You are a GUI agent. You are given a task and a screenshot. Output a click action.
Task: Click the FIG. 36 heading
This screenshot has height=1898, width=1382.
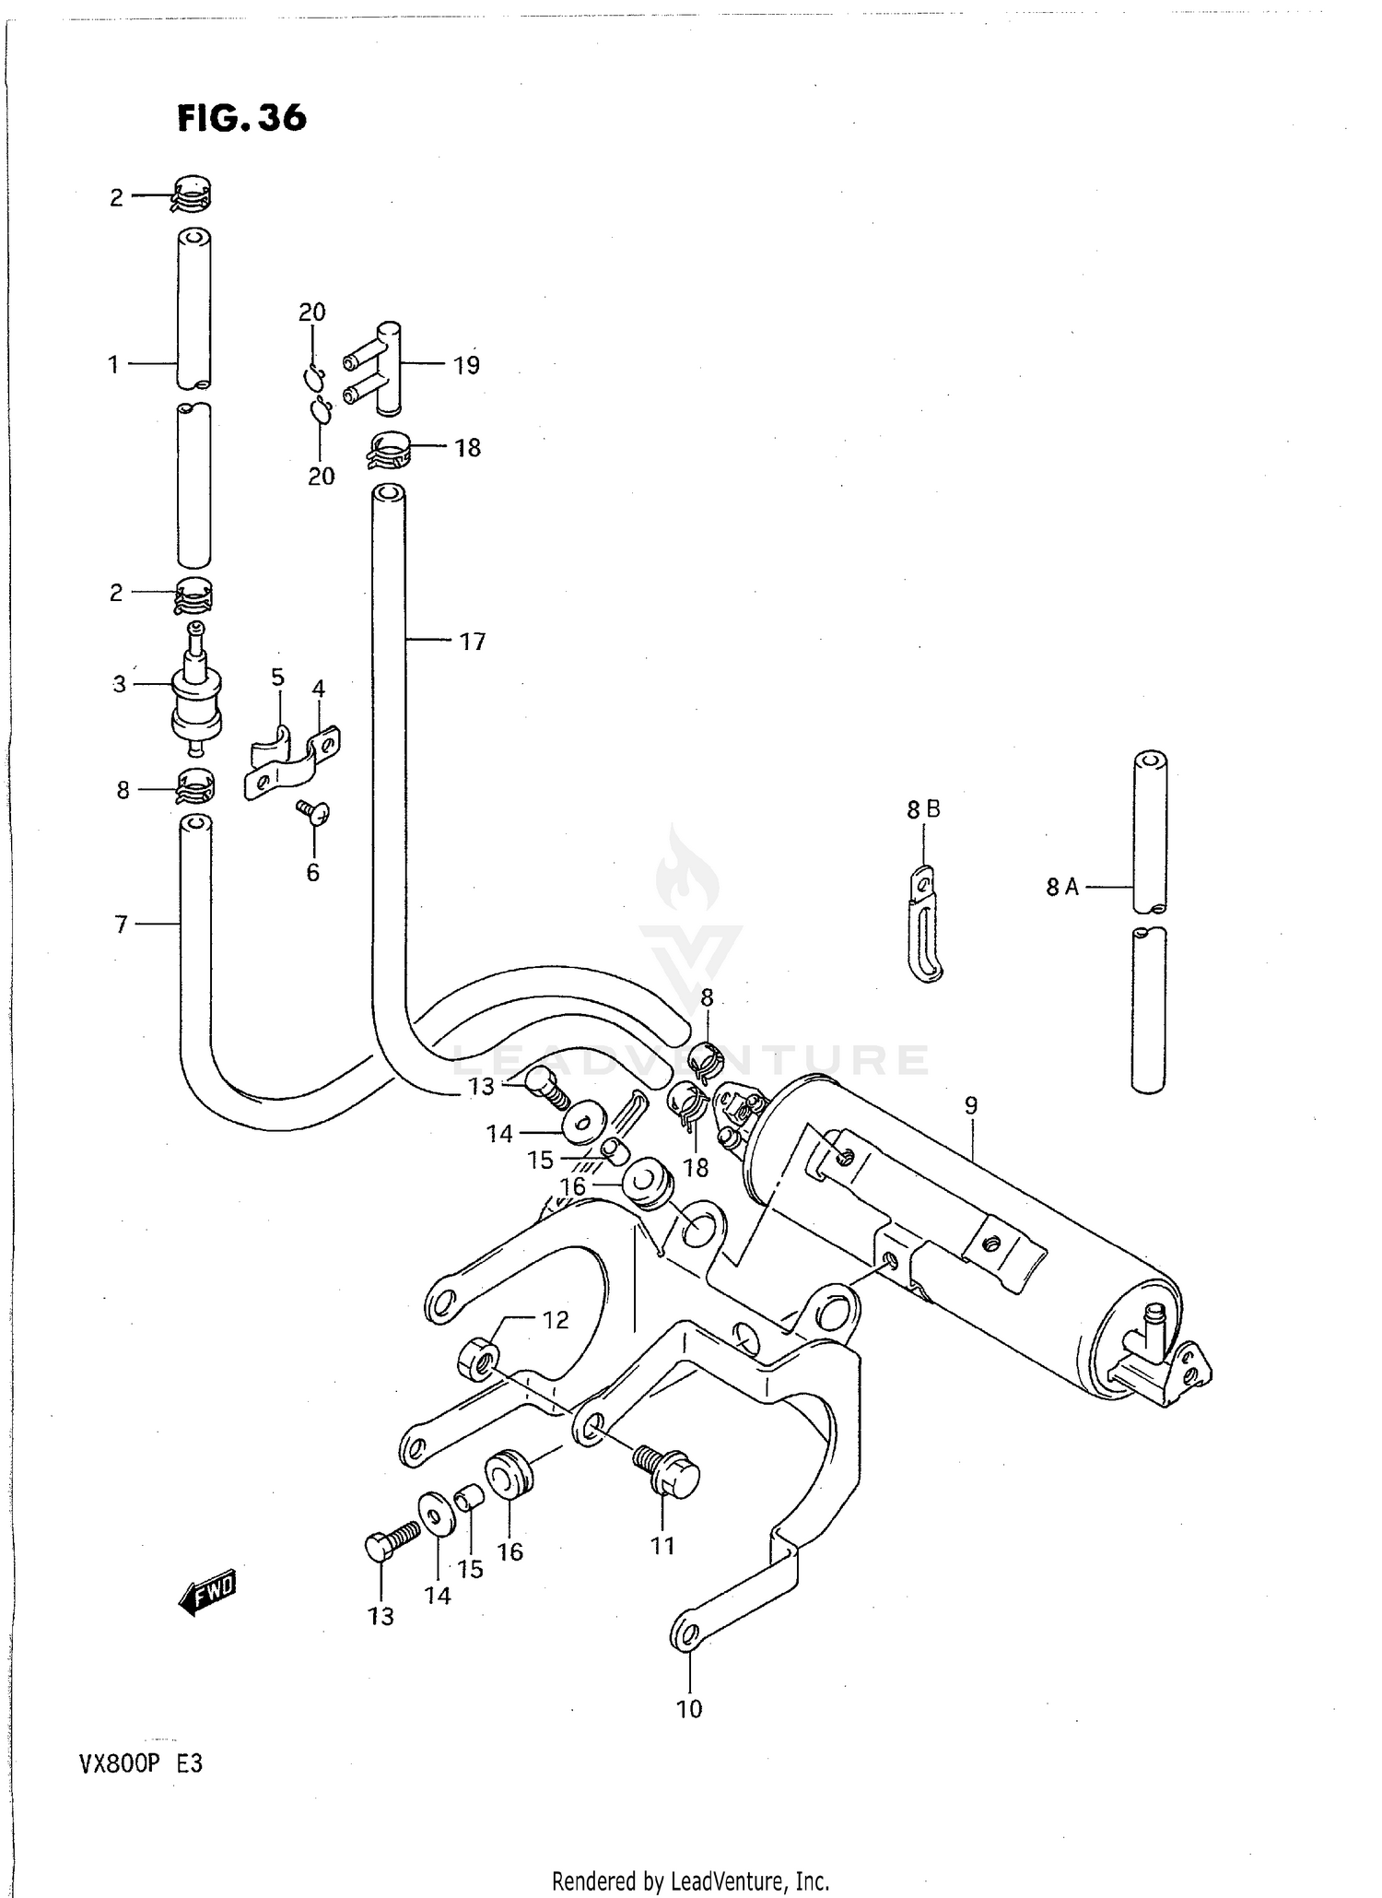click(241, 118)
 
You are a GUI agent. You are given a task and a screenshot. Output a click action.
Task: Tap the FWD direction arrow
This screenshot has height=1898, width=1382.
click(208, 1592)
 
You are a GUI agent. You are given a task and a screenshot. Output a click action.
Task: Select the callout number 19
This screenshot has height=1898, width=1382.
click(466, 366)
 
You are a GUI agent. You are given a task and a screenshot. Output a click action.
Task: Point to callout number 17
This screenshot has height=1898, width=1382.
click(472, 642)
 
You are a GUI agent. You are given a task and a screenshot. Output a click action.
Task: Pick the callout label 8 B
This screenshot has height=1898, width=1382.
click(923, 809)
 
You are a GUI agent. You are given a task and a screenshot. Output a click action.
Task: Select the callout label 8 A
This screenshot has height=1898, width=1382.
click(1061, 887)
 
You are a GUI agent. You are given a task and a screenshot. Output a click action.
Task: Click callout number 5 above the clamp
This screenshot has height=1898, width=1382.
click(277, 678)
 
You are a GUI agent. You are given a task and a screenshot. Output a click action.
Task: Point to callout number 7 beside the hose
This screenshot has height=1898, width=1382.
click(121, 924)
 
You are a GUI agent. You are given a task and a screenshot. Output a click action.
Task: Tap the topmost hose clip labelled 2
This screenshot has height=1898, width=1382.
click(193, 194)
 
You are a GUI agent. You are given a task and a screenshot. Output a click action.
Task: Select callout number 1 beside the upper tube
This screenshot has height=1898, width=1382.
click(113, 365)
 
